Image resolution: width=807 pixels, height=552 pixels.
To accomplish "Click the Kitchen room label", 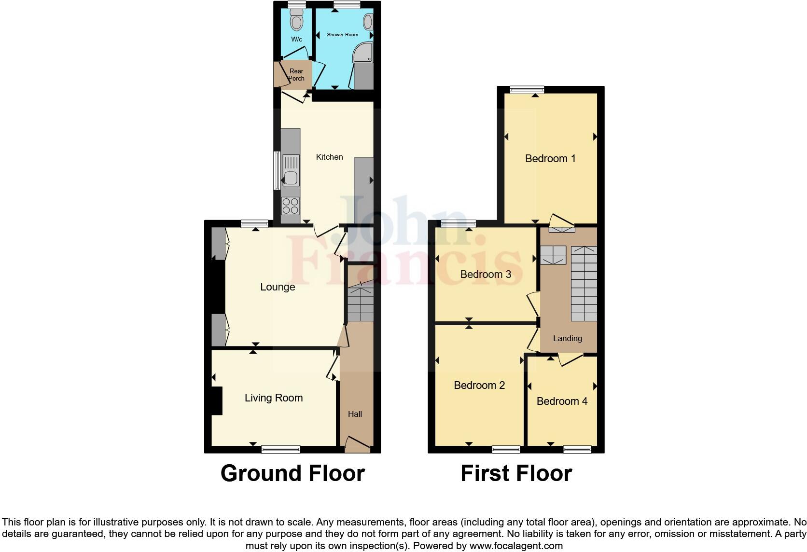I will [329, 157].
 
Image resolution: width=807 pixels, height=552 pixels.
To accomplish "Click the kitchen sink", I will [291, 177].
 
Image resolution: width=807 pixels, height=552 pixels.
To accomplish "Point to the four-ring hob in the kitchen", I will [290, 206].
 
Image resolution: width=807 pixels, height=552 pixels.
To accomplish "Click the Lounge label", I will [278, 287].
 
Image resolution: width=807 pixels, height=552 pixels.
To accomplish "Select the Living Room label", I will [274, 398].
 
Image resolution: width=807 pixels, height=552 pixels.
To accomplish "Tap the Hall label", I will [355, 414].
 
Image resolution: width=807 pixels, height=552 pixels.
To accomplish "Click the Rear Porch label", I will [296, 75].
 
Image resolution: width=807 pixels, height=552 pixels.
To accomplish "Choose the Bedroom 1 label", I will [550, 159].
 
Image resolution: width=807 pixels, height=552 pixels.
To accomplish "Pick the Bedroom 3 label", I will [486, 275].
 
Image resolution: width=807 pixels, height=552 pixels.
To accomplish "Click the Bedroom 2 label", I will [479, 386].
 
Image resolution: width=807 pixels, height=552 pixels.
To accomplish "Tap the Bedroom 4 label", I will [562, 401].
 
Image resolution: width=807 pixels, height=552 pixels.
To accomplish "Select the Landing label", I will [568, 339].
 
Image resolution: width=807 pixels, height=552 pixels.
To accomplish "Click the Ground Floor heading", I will [292, 473].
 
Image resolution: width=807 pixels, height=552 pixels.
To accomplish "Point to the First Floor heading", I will [516, 473].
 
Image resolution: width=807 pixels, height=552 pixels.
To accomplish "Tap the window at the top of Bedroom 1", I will [527, 89].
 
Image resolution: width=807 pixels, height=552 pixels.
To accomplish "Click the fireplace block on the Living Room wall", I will [217, 400].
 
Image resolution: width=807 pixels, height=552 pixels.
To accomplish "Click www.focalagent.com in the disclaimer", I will [516, 546].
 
